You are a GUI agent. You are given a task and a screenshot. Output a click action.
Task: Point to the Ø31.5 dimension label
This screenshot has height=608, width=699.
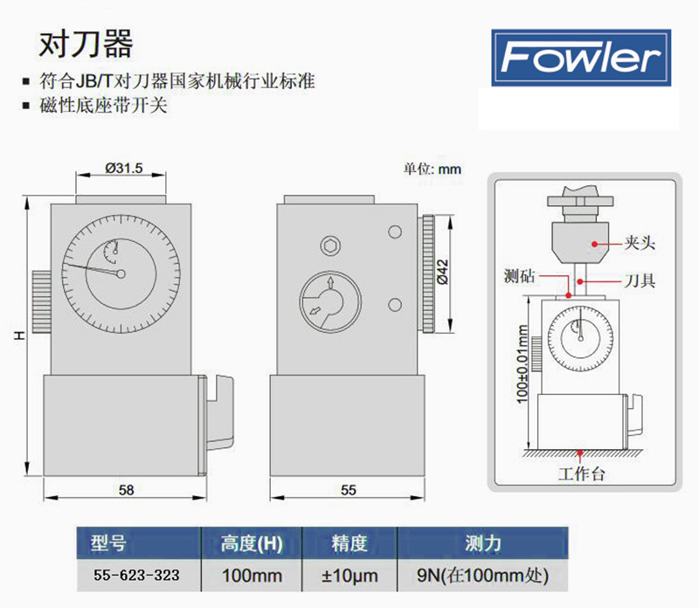(x=123, y=169)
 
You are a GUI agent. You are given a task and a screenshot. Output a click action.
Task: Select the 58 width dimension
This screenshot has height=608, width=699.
(x=127, y=491)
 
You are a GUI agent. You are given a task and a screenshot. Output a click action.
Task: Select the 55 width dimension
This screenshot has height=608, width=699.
(x=349, y=491)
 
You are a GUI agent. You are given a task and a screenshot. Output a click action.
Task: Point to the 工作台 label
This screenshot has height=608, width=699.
(x=582, y=475)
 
